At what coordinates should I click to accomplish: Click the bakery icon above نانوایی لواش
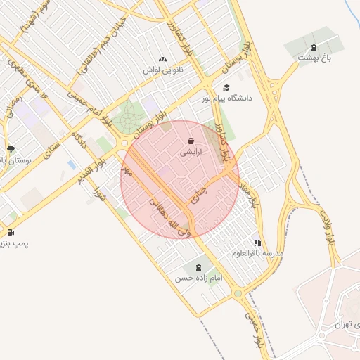[163, 59]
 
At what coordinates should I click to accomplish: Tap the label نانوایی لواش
[163, 70]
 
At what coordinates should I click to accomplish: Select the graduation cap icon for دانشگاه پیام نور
[226, 87]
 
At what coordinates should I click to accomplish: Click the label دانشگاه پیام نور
[229, 99]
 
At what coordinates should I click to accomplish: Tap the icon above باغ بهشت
[313, 48]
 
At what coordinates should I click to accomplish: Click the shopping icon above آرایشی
[191, 141]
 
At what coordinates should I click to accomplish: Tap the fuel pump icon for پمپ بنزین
[10, 232]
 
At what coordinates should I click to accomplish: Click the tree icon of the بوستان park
[11, 148]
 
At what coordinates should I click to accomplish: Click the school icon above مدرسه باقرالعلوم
[257, 241]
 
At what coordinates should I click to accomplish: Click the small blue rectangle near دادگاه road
[72, 165]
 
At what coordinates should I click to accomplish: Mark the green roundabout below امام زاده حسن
[238, 293]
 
